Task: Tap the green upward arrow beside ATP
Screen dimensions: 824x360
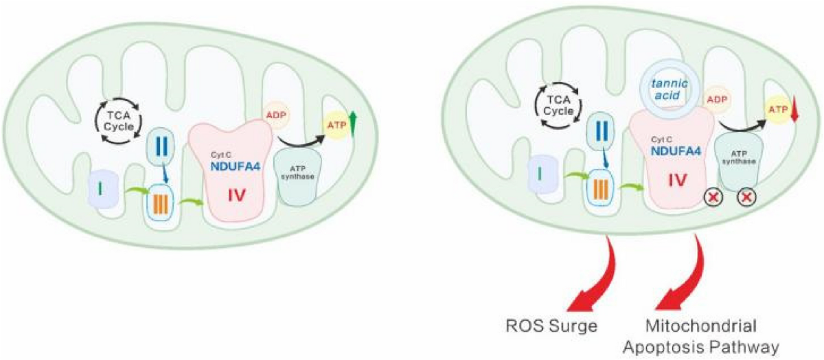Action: tap(353, 124)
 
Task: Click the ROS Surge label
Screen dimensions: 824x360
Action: tap(551, 326)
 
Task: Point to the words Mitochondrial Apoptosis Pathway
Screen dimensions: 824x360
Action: tap(701, 337)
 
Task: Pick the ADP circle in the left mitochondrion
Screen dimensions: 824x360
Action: tap(276, 115)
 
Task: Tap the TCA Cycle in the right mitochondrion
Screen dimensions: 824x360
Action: tap(558, 105)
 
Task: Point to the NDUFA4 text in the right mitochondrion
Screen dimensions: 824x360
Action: tap(676, 150)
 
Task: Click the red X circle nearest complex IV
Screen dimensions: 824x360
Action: tap(713, 198)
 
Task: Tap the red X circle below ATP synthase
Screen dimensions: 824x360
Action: tap(747, 197)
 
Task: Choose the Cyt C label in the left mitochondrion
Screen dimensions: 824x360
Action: tap(220, 155)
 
